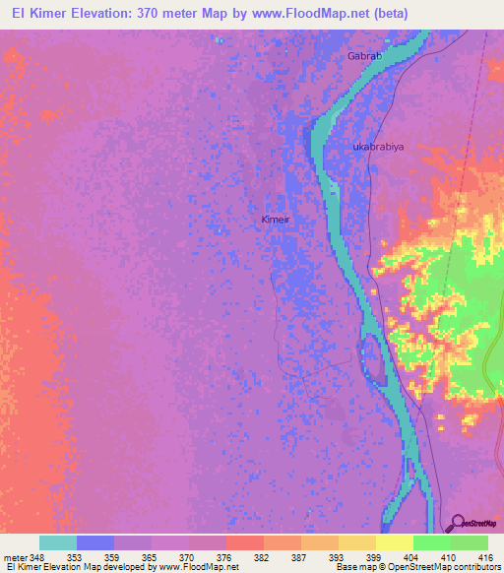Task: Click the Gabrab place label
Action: click(363, 56)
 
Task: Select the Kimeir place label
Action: click(276, 220)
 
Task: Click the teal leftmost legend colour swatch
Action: click(58, 542)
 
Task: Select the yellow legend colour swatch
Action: click(395, 542)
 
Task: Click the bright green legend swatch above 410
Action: click(432, 542)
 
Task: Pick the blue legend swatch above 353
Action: click(95, 542)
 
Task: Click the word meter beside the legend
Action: click(15, 556)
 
